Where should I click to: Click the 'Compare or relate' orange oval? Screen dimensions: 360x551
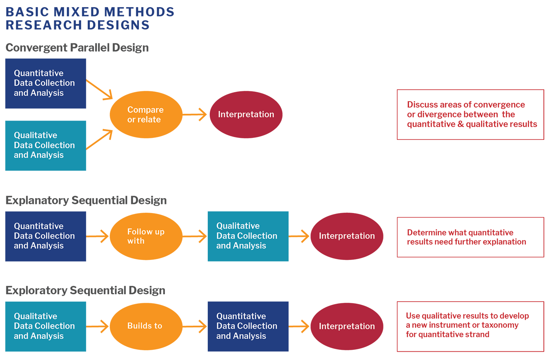pos(146,115)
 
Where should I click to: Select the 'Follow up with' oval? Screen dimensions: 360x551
pos(146,236)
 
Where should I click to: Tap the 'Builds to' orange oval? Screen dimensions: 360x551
pos(146,326)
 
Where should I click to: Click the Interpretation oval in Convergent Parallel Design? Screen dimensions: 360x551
pos(246,115)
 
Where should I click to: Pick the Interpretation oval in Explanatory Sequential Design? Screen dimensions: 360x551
pos(347,236)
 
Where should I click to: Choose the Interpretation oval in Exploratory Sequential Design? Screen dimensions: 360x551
pos(347,326)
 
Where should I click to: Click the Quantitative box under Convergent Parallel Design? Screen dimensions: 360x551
pos(46,84)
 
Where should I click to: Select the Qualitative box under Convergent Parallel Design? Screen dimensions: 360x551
pos(46,146)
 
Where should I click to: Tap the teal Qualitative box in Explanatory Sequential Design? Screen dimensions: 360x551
pos(248,236)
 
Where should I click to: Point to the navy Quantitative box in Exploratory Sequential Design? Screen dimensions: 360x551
pos(248,327)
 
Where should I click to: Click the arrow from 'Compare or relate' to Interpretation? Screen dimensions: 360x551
pos(195,115)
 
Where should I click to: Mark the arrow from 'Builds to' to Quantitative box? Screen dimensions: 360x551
pos(195,326)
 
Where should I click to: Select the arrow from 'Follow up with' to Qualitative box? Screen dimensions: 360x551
pos(195,236)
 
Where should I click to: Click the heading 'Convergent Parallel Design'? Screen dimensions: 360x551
pos(77,48)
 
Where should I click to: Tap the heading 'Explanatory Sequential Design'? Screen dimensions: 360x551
pos(86,200)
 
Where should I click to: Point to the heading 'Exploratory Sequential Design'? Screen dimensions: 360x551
pos(85,291)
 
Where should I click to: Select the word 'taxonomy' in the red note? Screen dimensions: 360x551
pos(501,325)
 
